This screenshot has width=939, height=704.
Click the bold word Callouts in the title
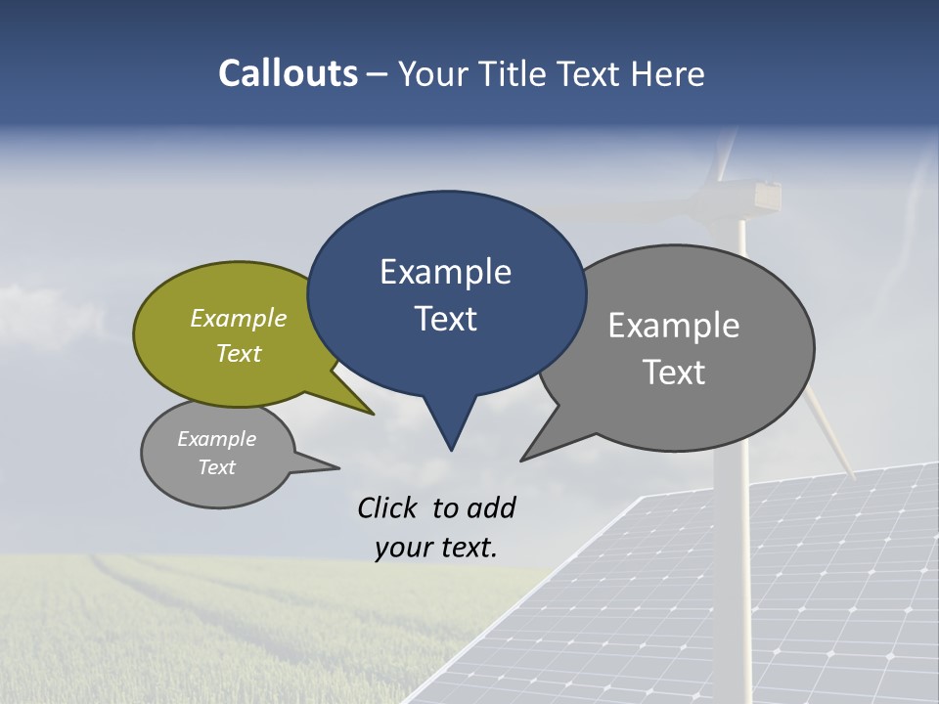point(289,73)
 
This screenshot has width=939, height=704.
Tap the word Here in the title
point(668,73)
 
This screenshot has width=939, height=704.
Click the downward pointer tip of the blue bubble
point(451,447)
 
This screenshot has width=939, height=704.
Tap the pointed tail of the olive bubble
point(370,412)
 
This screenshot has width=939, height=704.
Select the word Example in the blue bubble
point(446,272)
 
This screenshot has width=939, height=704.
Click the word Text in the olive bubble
point(239,353)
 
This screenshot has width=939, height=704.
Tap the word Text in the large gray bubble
point(675,373)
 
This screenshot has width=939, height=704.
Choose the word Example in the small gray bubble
point(217,439)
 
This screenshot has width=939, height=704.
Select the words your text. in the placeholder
point(436,548)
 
